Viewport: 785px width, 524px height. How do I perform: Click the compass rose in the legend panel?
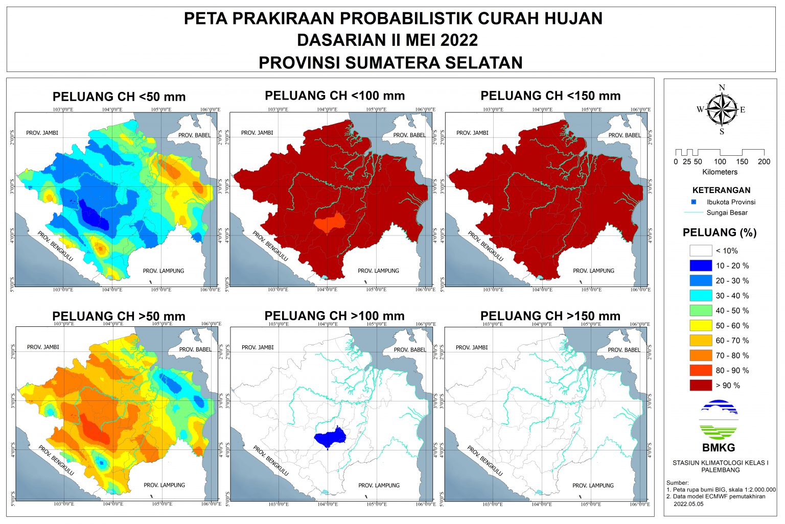click(721, 109)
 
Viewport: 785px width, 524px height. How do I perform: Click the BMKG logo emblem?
click(718, 420)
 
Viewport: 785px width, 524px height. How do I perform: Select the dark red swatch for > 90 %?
click(700, 385)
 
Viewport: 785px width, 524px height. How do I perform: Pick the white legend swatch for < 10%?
click(700, 251)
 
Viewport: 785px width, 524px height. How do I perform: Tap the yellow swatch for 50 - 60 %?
click(700, 325)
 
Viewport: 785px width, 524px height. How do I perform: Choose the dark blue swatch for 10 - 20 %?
click(700, 266)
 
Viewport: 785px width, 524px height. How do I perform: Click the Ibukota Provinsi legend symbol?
click(694, 202)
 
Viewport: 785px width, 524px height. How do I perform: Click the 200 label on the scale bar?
click(764, 162)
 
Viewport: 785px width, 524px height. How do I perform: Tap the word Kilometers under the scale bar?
click(720, 172)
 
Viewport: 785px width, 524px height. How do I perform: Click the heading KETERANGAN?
click(721, 190)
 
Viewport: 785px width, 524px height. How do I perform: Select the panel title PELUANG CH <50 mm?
click(119, 97)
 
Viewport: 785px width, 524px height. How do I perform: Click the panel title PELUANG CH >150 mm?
click(550, 316)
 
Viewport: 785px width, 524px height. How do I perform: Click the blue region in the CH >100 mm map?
click(329, 437)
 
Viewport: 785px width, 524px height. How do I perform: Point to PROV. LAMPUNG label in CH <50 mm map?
click(163, 271)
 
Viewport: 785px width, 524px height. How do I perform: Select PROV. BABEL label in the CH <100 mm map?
click(409, 135)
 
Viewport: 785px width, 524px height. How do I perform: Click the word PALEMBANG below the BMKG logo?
click(720, 470)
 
